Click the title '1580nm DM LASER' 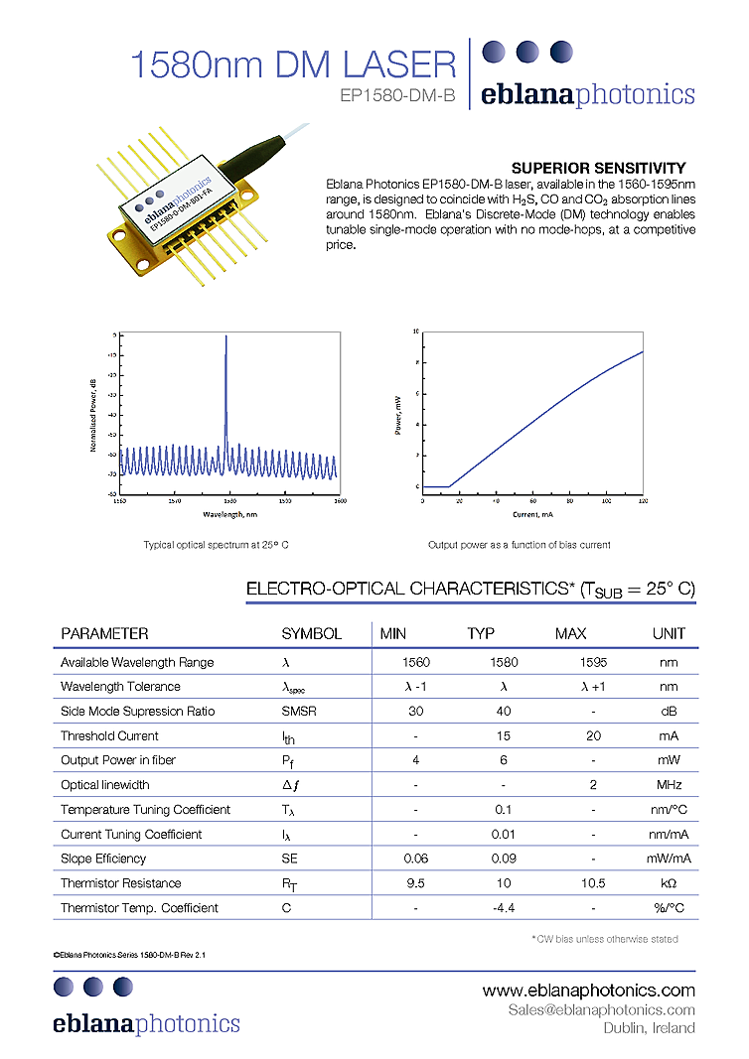pyautogui.click(x=294, y=66)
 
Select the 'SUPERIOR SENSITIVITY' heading pyautogui.click(x=598, y=168)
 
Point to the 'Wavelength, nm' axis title pyautogui.click(x=229, y=515)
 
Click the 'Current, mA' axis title pyautogui.click(x=532, y=515)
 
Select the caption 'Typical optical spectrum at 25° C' pyautogui.click(x=216, y=545)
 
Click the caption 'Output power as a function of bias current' pyautogui.click(x=519, y=545)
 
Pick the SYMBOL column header pyautogui.click(x=311, y=633)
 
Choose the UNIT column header pyautogui.click(x=669, y=633)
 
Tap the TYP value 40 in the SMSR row pyautogui.click(x=504, y=711)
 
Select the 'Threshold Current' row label pyautogui.click(x=109, y=735)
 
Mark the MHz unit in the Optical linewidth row pyautogui.click(x=669, y=785)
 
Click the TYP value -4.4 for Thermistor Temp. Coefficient pyautogui.click(x=504, y=907)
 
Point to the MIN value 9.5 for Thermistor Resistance pyautogui.click(x=415, y=883)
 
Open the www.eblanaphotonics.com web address pyautogui.click(x=588, y=991)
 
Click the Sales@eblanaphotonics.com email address pyautogui.click(x=601, y=1009)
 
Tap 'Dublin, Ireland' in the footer pyautogui.click(x=649, y=1028)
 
